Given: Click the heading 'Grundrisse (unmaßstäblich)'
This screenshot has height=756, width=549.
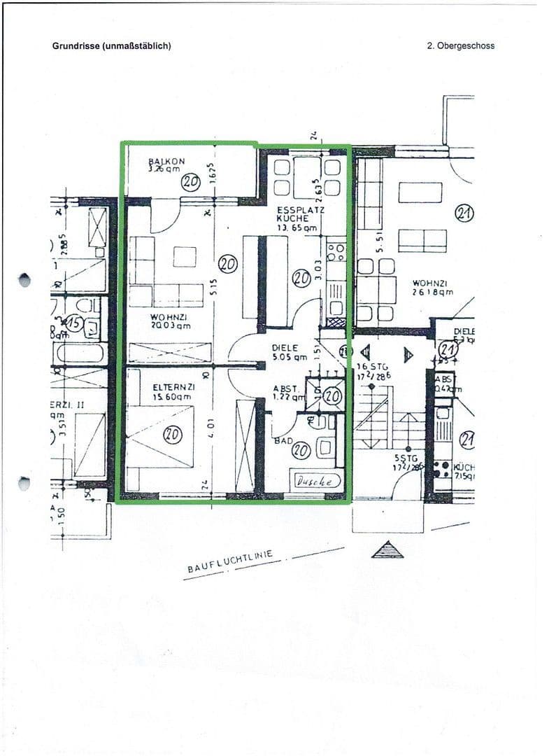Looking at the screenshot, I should [112, 46].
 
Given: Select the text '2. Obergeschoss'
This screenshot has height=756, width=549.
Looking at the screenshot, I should [460, 46].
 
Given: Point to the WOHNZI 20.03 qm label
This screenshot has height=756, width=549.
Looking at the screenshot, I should [170, 321].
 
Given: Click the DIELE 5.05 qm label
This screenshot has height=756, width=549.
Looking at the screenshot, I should [289, 351].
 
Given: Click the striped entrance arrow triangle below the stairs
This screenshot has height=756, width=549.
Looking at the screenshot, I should [387, 550].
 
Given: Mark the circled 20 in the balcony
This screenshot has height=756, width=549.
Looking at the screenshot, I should [191, 182].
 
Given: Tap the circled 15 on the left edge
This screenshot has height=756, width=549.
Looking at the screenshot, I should [74, 323].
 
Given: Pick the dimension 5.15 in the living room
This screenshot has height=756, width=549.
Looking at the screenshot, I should [218, 286].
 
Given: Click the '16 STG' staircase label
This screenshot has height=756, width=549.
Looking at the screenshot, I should [371, 366].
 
